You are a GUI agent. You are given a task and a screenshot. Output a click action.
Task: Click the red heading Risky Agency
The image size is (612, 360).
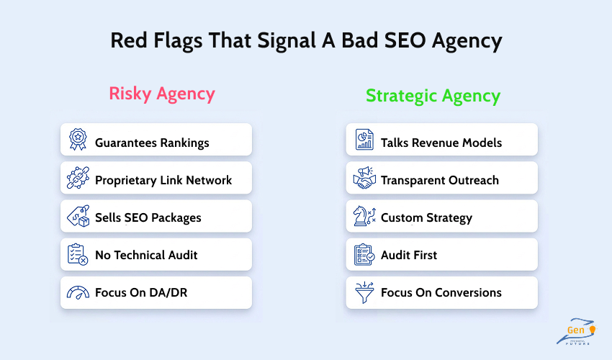tap(162, 94)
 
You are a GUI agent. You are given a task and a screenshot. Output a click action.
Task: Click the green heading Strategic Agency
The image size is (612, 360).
tap(433, 96)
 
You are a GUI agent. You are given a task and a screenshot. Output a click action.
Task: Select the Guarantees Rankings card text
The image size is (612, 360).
tap(152, 143)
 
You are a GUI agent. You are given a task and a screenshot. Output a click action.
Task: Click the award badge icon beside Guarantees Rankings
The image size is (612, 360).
tap(77, 140)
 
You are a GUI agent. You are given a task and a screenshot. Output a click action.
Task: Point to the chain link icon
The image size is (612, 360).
tap(77, 178)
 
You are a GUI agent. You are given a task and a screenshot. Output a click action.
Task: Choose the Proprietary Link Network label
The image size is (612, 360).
tap(163, 180)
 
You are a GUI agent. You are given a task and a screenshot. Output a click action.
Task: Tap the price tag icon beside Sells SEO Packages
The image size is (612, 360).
tap(77, 216)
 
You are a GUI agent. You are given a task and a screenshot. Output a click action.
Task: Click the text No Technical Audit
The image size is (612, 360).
tap(146, 255)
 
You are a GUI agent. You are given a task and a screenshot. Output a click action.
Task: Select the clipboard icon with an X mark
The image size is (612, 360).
tap(77, 254)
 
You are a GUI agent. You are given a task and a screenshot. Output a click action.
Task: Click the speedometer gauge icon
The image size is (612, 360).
tap(77, 293)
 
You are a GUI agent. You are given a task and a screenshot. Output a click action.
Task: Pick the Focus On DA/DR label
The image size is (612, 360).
tap(140, 293)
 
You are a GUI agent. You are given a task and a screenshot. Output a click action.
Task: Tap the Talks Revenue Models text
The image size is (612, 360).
tap(441, 143)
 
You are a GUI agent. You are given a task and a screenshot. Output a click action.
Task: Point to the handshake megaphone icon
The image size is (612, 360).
tap(364, 178)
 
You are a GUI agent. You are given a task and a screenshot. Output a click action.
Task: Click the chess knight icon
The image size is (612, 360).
tap(364, 216)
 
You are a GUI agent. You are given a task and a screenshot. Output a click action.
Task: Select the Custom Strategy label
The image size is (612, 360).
tap(426, 217)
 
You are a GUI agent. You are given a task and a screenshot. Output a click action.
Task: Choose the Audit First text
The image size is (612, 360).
tap(409, 255)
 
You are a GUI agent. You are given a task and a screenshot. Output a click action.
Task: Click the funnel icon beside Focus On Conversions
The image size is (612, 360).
tap(364, 293)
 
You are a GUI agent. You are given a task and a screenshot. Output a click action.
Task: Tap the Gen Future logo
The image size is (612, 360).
tap(576, 332)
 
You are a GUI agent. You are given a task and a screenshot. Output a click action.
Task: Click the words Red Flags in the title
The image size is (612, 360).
tap(148, 40)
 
